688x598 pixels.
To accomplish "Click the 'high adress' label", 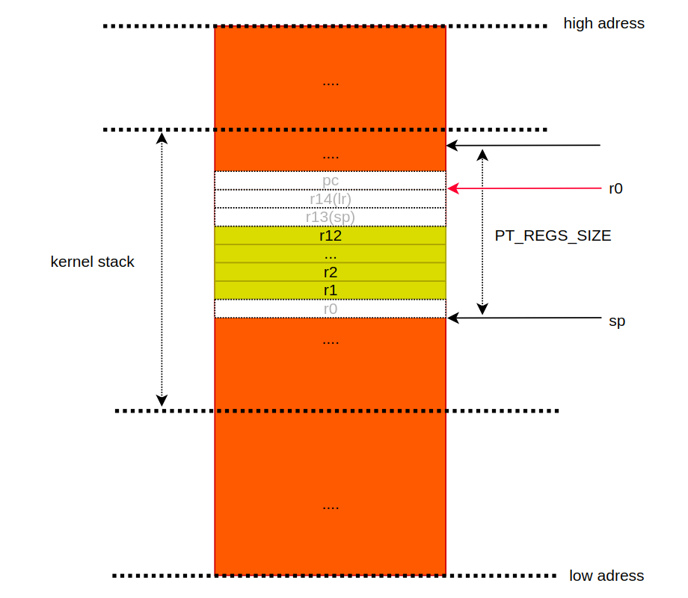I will (x=603, y=23).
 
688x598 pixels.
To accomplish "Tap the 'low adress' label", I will (x=606, y=576).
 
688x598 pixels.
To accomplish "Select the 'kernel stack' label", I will (x=93, y=262).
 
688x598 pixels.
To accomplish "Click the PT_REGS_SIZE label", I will (x=553, y=235).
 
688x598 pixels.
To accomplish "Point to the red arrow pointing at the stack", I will (x=523, y=189).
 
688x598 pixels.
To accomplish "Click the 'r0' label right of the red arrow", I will (x=615, y=188).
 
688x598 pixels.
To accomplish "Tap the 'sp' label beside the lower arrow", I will (x=617, y=321).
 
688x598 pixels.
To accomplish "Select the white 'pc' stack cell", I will (x=330, y=180).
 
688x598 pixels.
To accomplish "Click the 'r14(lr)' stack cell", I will (x=330, y=199).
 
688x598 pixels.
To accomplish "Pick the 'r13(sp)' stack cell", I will (x=330, y=217).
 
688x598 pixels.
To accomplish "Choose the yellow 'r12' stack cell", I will (x=330, y=235).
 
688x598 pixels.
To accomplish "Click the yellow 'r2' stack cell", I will (x=330, y=272).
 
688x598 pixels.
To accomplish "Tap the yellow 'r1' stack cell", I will (x=330, y=290).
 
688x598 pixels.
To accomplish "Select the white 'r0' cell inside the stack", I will (x=330, y=309).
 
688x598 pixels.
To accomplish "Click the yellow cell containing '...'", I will (x=330, y=254).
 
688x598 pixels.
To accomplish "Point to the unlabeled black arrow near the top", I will (x=523, y=145).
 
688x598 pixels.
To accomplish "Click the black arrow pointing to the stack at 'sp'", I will (x=523, y=318).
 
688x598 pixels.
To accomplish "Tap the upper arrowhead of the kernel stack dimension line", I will (x=162, y=138).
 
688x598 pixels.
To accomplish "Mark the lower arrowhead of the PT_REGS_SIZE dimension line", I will (x=482, y=309).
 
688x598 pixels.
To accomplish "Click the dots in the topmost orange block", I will (x=330, y=82).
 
